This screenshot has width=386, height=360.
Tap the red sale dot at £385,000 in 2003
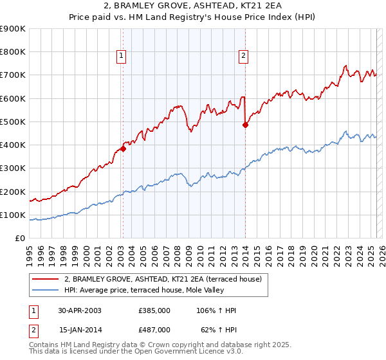pyautogui.click(x=123, y=148)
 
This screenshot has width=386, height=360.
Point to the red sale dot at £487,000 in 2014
pyautogui.click(x=245, y=125)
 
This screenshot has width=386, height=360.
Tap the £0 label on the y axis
pyautogui.click(x=19, y=238)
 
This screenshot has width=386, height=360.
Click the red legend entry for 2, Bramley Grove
pyautogui.click(x=162, y=279)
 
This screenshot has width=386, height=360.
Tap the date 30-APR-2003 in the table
pyautogui.click(x=80, y=310)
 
